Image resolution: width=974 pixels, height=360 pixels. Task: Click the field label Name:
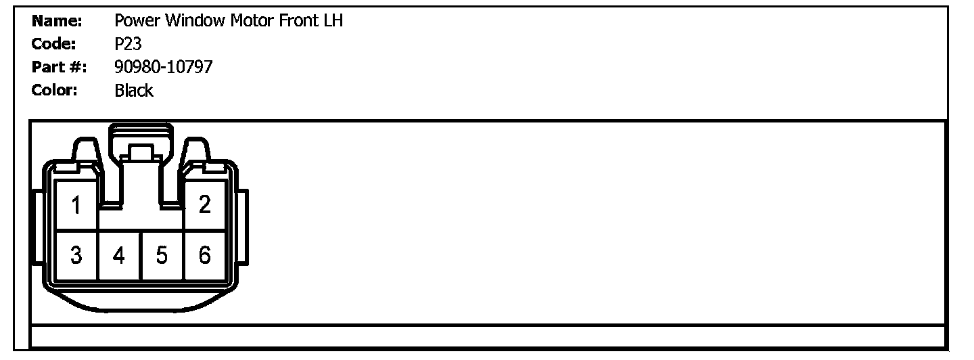[x=57, y=21]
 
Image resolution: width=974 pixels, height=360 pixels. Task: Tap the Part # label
[x=59, y=67]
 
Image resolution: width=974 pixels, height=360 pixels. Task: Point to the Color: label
[x=55, y=90]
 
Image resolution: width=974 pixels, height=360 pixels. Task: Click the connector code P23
[x=128, y=44]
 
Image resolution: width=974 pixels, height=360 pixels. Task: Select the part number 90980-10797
[x=163, y=67]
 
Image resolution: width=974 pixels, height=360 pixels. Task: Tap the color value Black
[x=134, y=90]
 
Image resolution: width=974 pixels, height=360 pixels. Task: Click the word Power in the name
[x=137, y=21]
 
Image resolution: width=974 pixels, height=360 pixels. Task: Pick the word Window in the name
[x=195, y=21]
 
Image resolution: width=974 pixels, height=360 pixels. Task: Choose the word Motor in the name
[x=254, y=21]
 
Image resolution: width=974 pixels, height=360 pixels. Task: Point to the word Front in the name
[x=298, y=21]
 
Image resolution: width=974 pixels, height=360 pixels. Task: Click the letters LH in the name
[x=332, y=21]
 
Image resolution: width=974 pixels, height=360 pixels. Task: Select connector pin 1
[x=76, y=205]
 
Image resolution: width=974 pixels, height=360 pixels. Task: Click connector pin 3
[x=76, y=255]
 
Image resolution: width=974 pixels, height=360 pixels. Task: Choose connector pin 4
[x=119, y=255]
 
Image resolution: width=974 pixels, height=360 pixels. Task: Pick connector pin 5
[x=162, y=255]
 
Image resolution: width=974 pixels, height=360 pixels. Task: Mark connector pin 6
[x=204, y=255]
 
